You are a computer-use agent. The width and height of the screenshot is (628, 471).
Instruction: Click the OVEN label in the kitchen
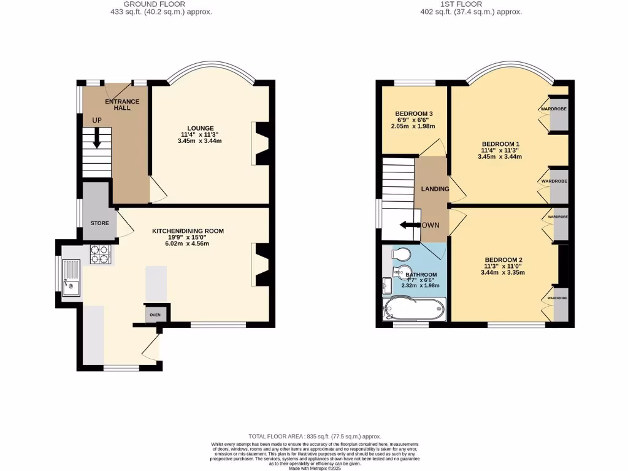click(155, 315)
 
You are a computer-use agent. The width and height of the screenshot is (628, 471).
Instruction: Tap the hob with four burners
click(101, 254)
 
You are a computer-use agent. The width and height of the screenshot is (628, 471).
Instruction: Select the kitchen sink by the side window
click(71, 277)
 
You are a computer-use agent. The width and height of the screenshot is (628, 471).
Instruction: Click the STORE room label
click(99, 223)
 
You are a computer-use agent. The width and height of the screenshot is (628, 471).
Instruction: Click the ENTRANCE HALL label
click(123, 105)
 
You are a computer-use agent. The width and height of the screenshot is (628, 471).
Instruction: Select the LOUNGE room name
click(201, 128)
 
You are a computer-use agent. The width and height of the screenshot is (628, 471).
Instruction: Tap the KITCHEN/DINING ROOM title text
click(188, 231)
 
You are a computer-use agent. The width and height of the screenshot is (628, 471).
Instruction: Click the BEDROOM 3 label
click(414, 113)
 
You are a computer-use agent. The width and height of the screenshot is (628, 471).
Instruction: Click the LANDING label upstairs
click(434, 188)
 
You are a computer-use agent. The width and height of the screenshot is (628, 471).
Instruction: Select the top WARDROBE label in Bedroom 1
click(553, 109)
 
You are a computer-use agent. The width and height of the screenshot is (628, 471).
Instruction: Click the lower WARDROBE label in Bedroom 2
click(557, 298)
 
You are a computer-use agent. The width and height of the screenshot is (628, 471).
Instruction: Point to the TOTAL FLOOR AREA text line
click(315, 435)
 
